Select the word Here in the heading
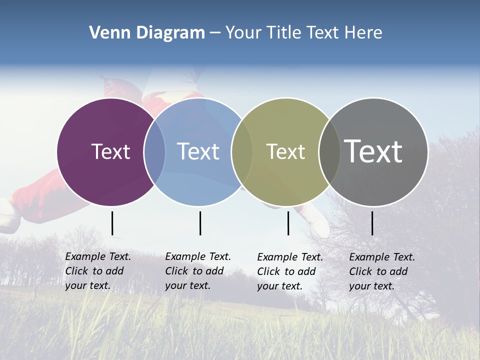(363, 33)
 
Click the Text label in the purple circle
(110, 151)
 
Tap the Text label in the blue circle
(198, 151)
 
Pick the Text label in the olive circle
(285, 151)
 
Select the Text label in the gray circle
(373, 151)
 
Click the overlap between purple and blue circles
(154, 152)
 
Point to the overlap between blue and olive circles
(242, 152)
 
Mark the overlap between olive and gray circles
(329, 152)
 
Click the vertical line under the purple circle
(112, 223)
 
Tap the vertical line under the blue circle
(200, 223)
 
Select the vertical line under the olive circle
(288, 223)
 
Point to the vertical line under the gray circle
(372, 223)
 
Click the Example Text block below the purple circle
(98, 271)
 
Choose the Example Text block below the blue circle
(198, 271)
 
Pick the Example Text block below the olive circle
(290, 271)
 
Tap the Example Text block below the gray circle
(382, 271)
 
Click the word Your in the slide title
(244, 33)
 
